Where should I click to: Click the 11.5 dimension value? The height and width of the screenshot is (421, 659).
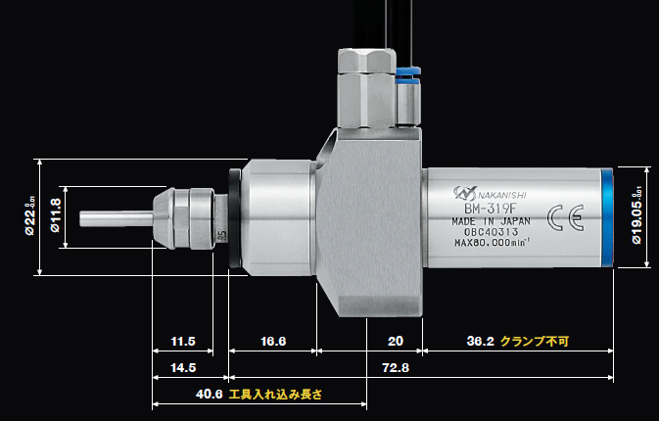(183, 342)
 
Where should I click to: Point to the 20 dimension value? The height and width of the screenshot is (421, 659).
(394, 342)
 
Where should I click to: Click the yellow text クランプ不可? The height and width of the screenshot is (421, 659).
(535, 342)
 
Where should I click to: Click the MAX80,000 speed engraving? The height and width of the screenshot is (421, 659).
(492, 244)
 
